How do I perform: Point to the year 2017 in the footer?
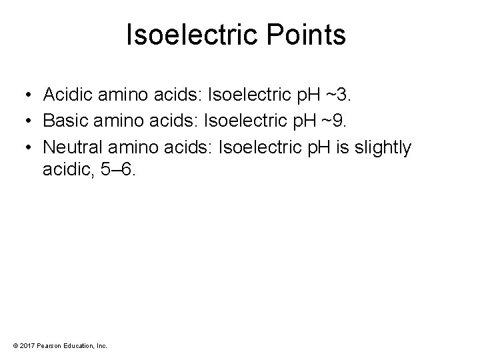(27, 345)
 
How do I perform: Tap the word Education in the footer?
(78, 345)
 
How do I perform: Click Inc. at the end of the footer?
(101, 345)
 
